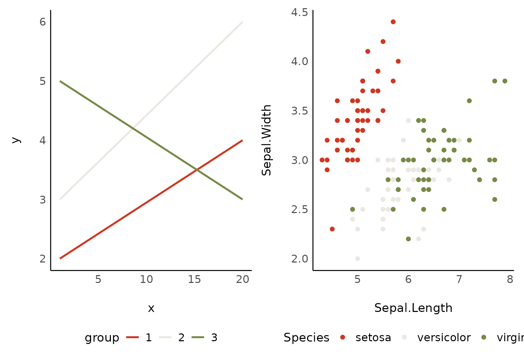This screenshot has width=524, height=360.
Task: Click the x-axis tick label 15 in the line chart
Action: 194,280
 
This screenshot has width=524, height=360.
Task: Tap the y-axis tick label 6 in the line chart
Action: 43,22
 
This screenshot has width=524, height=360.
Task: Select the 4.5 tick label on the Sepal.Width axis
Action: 300,12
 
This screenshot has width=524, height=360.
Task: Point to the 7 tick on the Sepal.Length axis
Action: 459,280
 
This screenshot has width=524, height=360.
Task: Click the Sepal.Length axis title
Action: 413,308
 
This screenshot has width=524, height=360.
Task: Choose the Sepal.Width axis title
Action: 266,140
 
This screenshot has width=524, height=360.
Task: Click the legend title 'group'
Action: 102,337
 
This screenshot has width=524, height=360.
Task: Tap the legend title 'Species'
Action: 306,337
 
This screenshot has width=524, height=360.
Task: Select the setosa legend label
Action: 373,337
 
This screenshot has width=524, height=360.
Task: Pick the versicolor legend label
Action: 444,337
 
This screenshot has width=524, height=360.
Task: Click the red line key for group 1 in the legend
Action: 132,337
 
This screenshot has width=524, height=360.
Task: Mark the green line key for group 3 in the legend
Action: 198,337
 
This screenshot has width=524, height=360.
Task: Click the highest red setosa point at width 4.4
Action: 393,22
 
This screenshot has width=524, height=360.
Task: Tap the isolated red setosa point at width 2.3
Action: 332,229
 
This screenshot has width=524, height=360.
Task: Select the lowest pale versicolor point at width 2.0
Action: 358,259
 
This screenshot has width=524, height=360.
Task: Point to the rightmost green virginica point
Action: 505,81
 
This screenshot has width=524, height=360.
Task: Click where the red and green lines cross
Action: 197,170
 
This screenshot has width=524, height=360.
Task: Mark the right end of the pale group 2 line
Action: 242,22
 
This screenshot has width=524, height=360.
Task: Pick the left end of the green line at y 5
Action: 60,81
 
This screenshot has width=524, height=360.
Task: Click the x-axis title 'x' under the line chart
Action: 151,309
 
